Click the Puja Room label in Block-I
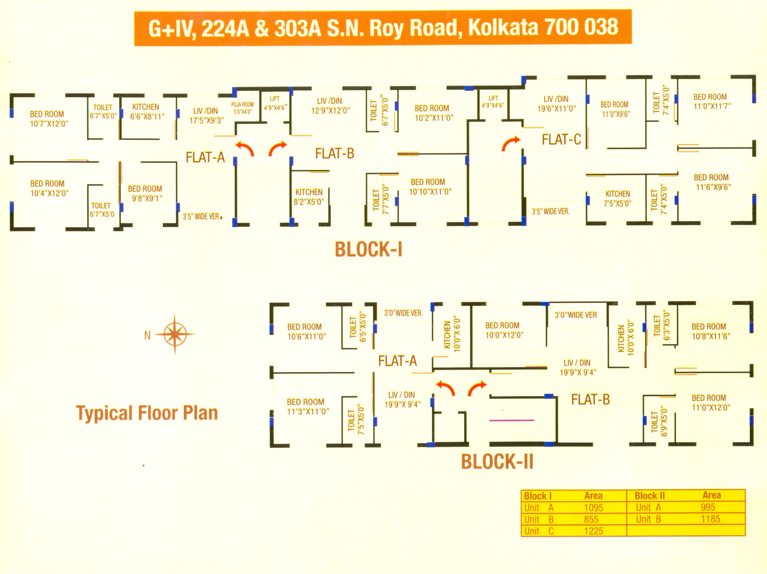[243, 108]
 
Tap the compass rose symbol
[175, 334]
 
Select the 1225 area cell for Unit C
[594, 531]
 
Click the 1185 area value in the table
[710, 519]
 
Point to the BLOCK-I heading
[369, 249]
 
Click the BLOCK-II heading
[497, 461]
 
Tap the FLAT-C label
[561, 139]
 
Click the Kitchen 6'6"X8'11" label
[147, 112]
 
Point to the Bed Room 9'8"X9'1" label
[145, 194]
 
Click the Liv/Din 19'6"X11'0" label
[556, 104]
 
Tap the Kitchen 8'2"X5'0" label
[309, 197]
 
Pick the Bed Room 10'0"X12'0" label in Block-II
[504, 330]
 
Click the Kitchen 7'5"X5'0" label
[618, 199]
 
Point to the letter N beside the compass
[148, 335]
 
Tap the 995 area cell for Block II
[708, 507]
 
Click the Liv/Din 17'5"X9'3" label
[206, 115]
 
